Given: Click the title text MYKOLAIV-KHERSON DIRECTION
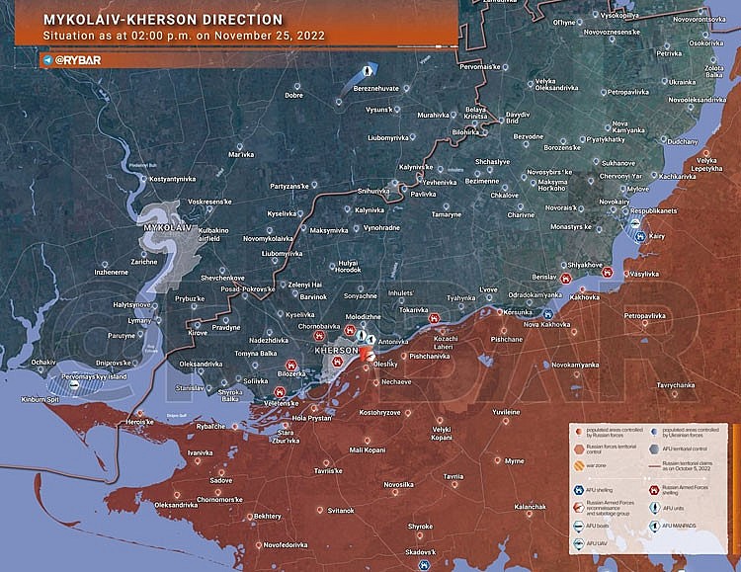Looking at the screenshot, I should (x=163, y=19).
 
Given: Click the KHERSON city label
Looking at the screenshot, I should (x=335, y=352).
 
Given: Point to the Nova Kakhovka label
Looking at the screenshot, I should (x=546, y=324).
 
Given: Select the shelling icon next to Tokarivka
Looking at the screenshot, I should (x=434, y=319).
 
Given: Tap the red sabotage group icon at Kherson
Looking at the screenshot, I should (x=366, y=354).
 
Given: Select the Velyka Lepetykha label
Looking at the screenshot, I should (x=705, y=165).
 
